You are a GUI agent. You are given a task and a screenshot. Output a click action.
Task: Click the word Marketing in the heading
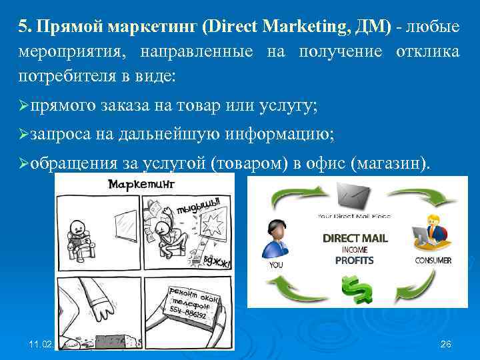coord(311,27)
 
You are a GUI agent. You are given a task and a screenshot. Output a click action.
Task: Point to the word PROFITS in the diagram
coord(354,259)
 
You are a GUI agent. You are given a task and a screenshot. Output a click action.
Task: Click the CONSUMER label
coord(433,260)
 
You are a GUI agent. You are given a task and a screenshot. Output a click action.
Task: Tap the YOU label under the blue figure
coord(275,264)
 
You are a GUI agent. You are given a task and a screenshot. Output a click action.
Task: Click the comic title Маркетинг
coord(142,183)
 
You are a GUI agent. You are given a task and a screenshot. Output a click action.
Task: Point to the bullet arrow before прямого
coord(24,106)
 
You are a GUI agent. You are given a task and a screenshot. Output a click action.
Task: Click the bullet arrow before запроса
coord(24,134)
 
